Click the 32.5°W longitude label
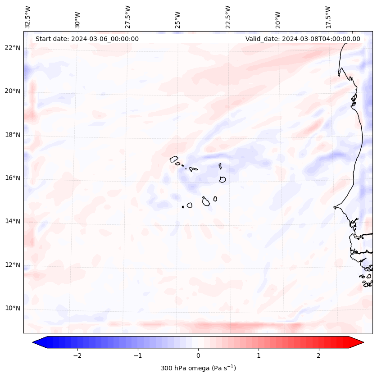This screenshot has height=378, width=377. pos(28,17)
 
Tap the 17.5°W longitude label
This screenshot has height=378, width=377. pos(328,17)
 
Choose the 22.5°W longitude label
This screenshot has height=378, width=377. pos(228,17)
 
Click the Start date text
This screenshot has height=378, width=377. pos(87,39)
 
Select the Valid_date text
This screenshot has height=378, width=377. pos(303,39)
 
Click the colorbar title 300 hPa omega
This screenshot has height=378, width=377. pos(198,368)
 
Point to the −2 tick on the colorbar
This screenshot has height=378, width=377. pos(77,355)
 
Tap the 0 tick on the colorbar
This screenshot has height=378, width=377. pos(198,355)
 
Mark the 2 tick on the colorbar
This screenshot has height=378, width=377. pos(319,355)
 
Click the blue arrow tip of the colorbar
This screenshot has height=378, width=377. pos(35,343)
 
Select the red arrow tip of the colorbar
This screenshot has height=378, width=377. pos(361,343)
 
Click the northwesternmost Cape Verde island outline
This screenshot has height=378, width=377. pos(174,159)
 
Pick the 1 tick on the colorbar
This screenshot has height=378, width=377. pos(259,355)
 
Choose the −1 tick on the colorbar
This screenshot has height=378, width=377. pos(137,355)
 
